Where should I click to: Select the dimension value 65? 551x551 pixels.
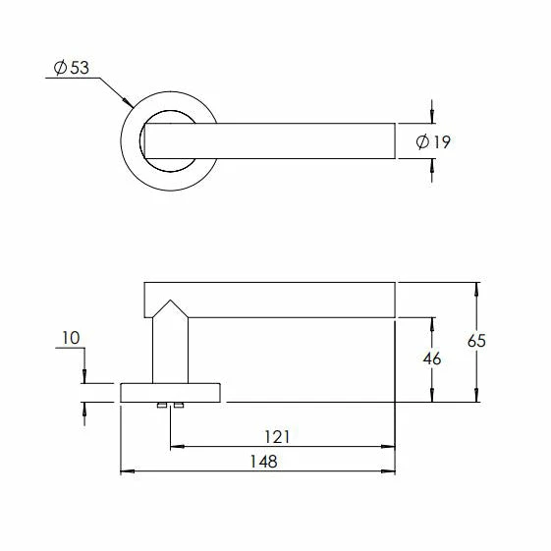tap(477, 342)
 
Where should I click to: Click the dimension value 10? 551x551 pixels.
tap(70, 339)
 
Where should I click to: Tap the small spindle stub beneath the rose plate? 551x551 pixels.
tap(170, 406)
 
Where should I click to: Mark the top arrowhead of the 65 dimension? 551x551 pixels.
tap(477, 289)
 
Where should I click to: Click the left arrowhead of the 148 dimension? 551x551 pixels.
tap(125, 473)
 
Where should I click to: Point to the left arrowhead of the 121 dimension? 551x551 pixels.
tap(175, 448)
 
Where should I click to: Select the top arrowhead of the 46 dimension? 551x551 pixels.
tap(430, 321)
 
